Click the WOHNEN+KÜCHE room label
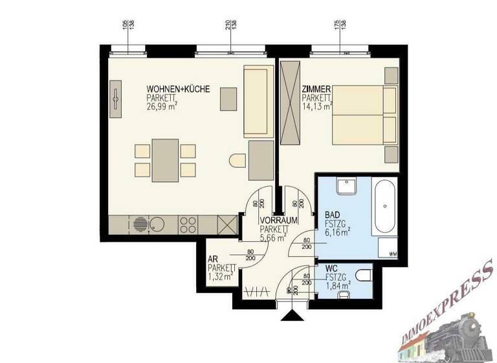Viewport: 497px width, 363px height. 178,89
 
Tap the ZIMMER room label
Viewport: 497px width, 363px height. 317,89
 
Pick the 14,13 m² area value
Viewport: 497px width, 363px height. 317,106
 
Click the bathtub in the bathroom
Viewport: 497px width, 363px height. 386,208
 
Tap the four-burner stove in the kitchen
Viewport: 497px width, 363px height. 188,225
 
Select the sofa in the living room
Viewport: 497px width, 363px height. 255,100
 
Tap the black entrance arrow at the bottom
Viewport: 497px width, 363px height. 293,315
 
